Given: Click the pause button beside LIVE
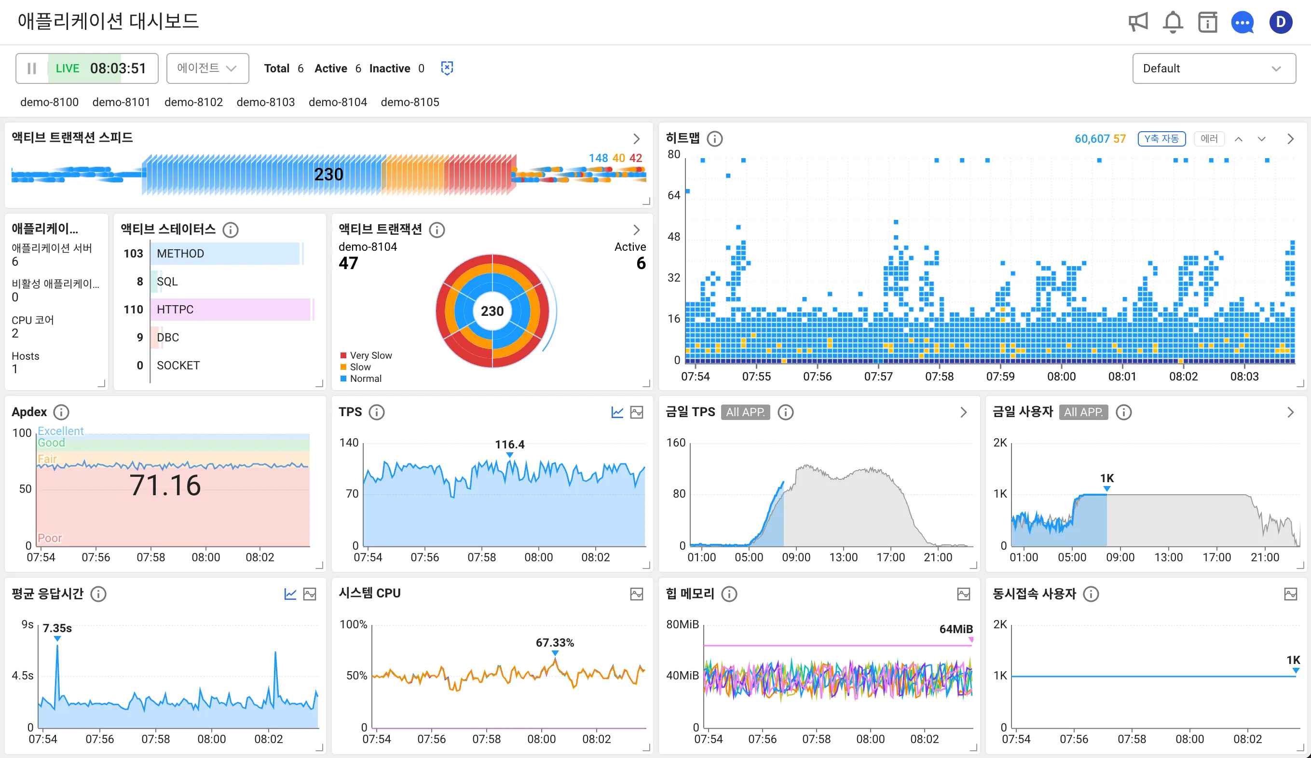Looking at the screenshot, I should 32,68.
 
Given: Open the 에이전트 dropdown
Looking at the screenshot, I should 207,68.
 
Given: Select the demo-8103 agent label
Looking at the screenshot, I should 265,102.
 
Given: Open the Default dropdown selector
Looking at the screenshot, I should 1213,68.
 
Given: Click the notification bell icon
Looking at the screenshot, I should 1173,22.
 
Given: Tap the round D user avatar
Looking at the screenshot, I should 1280,22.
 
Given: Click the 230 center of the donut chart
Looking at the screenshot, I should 492,311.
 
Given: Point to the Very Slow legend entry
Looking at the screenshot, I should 370,355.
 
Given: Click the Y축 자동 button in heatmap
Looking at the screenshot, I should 1161,139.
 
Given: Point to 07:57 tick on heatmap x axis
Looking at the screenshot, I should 878,376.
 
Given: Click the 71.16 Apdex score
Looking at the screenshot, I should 165,486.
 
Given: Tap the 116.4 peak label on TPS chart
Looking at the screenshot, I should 509,444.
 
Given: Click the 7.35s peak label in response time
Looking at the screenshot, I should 57,628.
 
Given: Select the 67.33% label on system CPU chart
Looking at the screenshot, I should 555,642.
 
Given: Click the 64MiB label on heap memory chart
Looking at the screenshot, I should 956,629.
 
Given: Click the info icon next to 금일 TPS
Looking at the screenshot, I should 785,412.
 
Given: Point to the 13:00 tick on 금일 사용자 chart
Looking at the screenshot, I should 1168,557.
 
